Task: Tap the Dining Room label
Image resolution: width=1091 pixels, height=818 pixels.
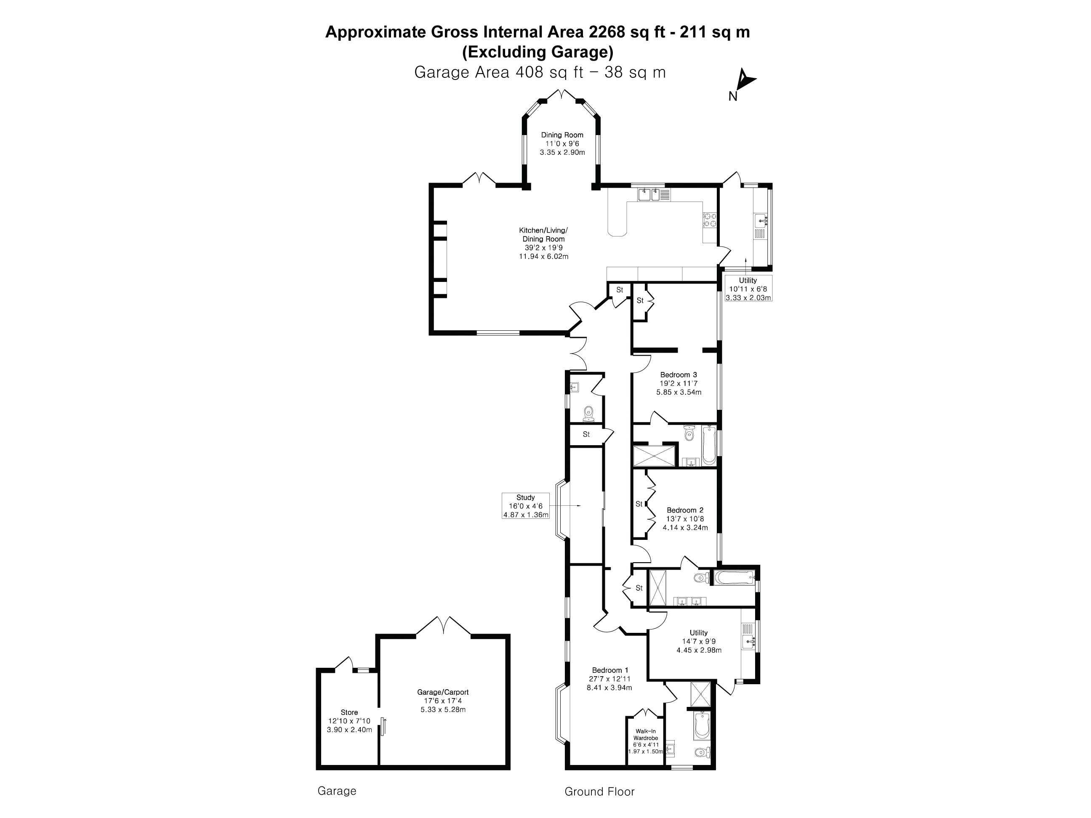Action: pyautogui.click(x=562, y=135)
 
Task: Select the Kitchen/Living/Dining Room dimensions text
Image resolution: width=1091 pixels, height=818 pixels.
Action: pyautogui.click(x=543, y=252)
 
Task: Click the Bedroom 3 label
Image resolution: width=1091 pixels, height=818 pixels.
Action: pyautogui.click(x=678, y=375)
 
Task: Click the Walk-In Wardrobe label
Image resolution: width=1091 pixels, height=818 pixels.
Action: pyautogui.click(x=646, y=735)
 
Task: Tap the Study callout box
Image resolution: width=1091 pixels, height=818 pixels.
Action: pyautogui.click(x=525, y=506)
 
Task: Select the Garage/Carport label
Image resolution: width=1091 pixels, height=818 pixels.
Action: pyautogui.click(x=442, y=692)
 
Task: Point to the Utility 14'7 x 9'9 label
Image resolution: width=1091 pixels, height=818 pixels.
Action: pyautogui.click(x=698, y=641)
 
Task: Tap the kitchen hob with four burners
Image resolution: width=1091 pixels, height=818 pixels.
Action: pyautogui.click(x=710, y=220)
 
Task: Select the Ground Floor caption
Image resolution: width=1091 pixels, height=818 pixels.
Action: pyautogui.click(x=599, y=792)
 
